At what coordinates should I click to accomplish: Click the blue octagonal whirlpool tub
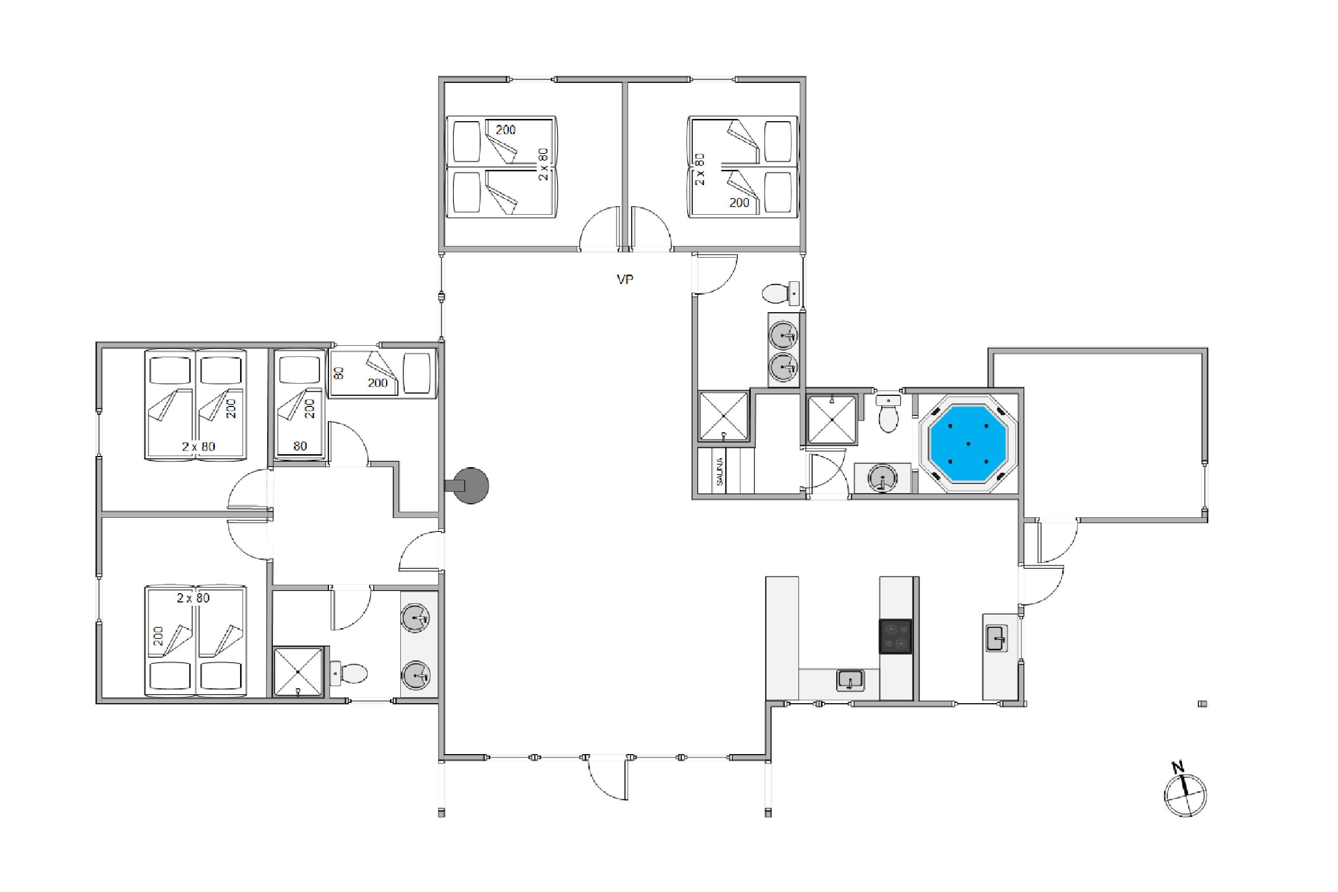pyautogui.click(x=968, y=443)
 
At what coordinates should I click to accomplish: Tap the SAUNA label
pyautogui.click(x=720, y=472)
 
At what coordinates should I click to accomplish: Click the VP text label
pyautogui.click(x=625, y=279)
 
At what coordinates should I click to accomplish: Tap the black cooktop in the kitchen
pyautogui.click(x=895, y=637)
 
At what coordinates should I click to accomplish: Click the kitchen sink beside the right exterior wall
pyautogui.click(x=996, y=638)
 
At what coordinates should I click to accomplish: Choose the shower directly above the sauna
pyautogui.click(x=723, y=416)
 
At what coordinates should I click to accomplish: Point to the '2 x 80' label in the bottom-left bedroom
pyautogui.click(x=193, y=598)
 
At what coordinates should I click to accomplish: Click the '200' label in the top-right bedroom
pyautogui.click(x=739, y=203)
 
